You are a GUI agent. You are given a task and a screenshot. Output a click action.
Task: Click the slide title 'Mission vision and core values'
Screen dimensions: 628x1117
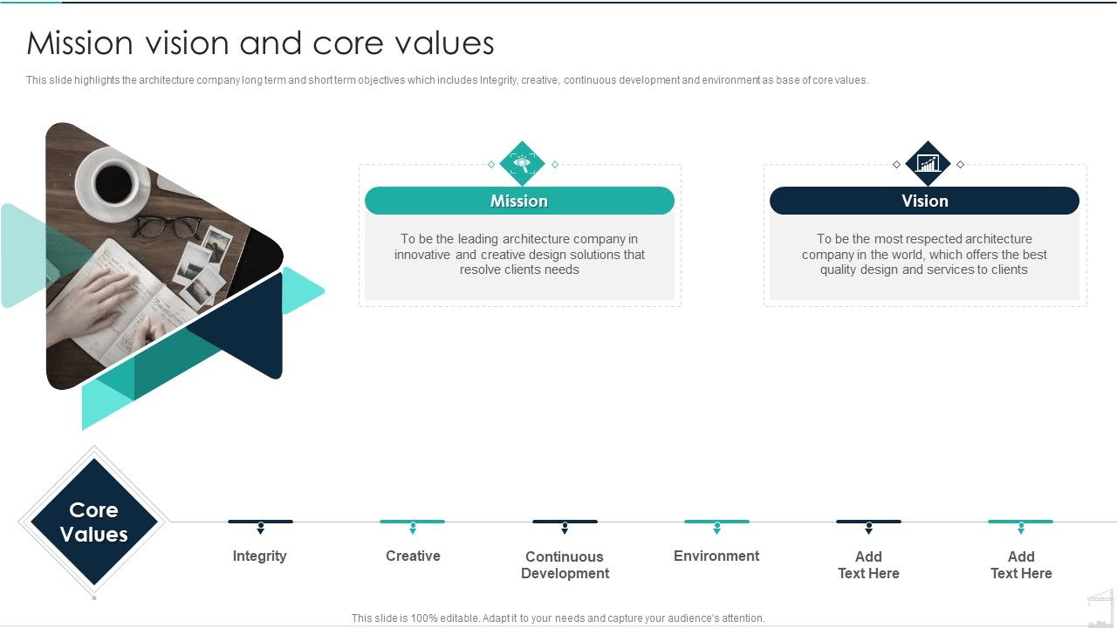point(260,43)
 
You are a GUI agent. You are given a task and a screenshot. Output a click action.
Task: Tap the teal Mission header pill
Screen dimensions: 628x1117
point(519,201)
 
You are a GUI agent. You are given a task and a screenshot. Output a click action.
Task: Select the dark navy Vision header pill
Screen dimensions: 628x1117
point(924,201)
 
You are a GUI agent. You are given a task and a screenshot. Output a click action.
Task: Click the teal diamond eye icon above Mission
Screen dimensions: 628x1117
point(522,163)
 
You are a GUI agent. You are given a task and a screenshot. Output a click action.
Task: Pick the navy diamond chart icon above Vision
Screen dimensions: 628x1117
point(928,163)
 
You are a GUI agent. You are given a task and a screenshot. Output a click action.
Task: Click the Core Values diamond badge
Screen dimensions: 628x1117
point(93,522)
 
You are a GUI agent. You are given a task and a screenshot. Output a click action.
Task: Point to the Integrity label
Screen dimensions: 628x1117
point(259,556)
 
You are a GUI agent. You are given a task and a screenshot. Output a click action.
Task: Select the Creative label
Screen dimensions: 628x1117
point(413,556)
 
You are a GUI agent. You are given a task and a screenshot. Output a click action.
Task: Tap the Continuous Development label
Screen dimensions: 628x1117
point(565,564)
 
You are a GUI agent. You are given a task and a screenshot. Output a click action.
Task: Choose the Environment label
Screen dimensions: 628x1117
point(716,556)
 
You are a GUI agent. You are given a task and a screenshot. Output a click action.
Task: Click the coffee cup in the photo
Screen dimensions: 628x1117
point(113,181)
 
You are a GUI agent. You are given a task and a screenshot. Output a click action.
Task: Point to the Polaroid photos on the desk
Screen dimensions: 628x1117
point(201,262)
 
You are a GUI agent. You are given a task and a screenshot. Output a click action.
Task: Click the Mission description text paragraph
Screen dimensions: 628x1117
point(519,254)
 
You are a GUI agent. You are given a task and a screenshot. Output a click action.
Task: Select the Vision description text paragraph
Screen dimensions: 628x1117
point(924,254)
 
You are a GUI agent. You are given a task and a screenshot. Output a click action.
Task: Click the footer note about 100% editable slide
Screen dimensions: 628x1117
point(558,618)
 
